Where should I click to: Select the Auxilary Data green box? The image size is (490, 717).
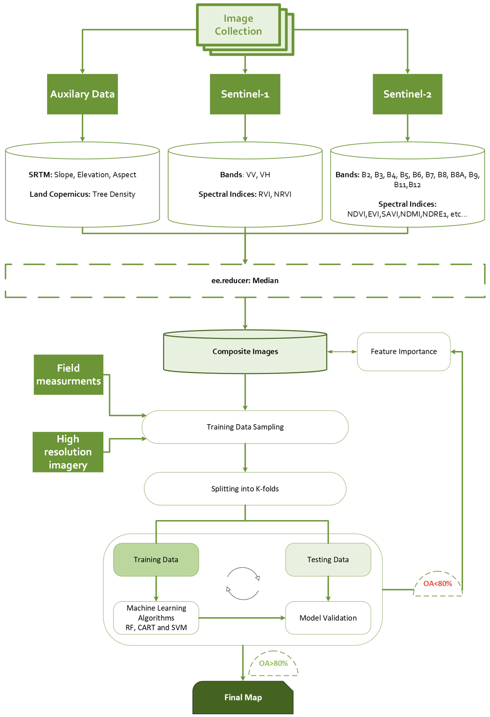tap(82, 94)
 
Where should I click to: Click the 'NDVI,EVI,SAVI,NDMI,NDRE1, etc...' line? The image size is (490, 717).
tap(407, 214)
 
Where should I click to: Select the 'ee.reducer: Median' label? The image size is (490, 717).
tap(245, 280)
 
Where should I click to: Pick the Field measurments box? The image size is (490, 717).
tap(68, 375)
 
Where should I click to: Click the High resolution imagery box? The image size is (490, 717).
tap(68, 452)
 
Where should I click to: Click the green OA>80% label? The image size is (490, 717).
tap(273, 663)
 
